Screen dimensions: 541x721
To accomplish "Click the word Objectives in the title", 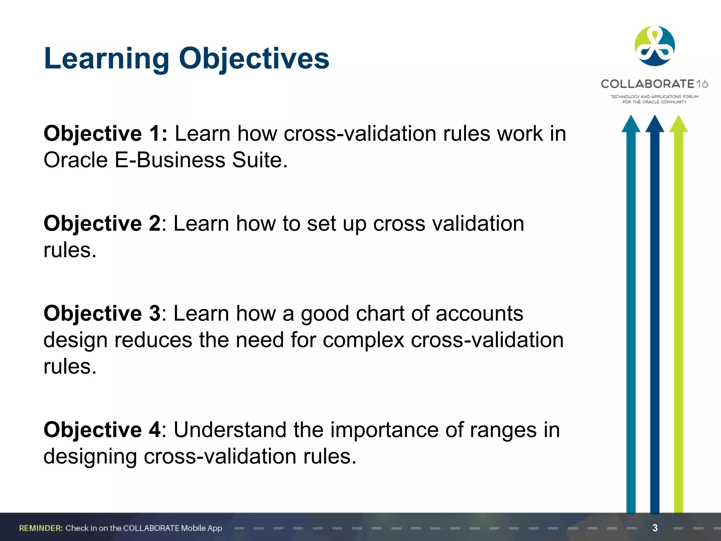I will [254, 58].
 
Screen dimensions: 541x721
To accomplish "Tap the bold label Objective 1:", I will [105, 133].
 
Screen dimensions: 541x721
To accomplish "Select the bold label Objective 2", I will [102, 223].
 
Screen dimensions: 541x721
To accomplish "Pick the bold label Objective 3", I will [102, 313].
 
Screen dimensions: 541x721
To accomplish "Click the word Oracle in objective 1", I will [75, 160].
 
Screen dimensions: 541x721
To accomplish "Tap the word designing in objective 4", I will [90, 456].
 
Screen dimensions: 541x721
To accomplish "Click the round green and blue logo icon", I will [654, 46].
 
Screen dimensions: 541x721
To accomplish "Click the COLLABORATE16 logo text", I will [654, 84].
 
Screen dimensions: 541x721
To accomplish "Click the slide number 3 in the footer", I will [655, 528].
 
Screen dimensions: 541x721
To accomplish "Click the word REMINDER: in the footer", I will [41, 528].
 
